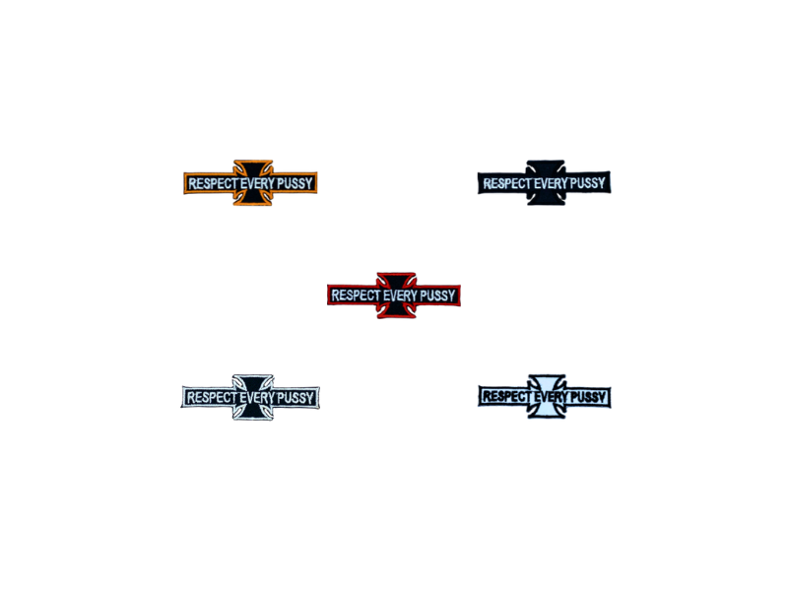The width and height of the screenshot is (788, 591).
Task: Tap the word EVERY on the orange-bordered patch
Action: [258, 183]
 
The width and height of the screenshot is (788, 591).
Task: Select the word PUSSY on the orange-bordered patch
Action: [295, 183]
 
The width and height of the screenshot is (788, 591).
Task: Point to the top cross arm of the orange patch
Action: [253, 166]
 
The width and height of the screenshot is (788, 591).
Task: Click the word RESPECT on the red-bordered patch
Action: [357, 295]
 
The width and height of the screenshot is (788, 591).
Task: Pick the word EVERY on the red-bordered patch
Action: [401, 295]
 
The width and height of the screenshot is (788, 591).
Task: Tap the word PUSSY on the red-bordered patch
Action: [437, 295]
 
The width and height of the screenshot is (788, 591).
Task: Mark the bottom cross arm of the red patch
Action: [397, 311]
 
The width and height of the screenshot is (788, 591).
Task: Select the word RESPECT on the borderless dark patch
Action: [507, 183]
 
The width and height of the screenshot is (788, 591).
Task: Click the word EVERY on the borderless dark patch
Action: [551, 183]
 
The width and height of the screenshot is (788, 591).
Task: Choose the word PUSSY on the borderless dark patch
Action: [587, 183]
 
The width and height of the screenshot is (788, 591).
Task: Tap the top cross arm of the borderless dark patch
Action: [547, 166]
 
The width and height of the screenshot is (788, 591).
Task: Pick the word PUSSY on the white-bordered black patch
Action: [295, 398]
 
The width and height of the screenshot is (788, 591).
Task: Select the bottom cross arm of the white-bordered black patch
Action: [253, 413]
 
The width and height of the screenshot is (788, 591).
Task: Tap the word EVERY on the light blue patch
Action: [551, 397]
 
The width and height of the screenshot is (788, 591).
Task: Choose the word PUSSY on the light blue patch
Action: [588, 397]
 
